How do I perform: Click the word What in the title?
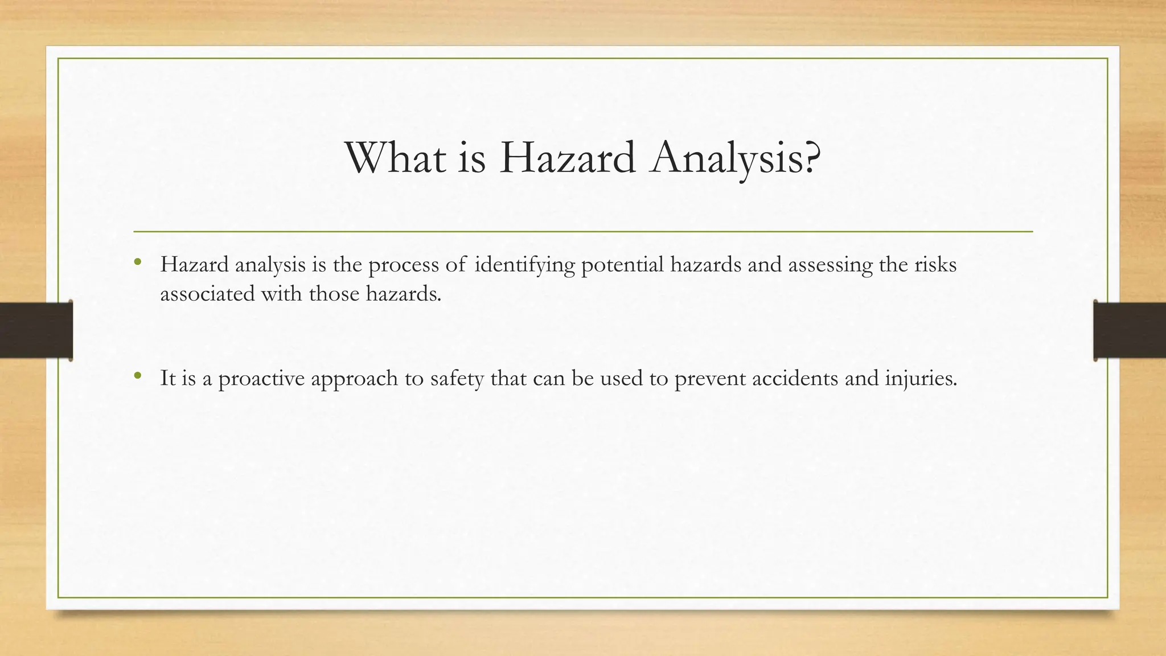(x=395, y=158)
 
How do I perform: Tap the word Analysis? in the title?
(x=737, y=158)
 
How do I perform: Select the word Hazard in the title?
(x=568, y=158)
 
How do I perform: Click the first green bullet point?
(x=137, y=263)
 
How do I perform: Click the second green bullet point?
(x=137, y=376)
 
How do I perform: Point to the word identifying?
(x=524, y=265)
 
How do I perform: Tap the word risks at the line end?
(x=935, y=265)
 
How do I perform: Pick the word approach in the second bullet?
(x=354, y=379)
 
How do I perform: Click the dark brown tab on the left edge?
(x=36, y=330)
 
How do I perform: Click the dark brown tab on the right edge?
(x=1130, y=330)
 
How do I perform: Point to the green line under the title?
(x=583, y=232)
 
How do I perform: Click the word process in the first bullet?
(x=404, y=265)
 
